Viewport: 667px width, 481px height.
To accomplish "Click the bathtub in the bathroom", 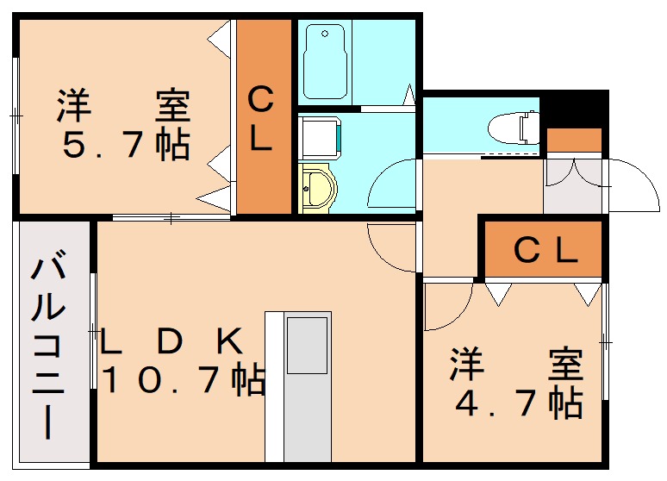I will tap(324, 61).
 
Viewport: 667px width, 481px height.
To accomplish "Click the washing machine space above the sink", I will tap(320, 137).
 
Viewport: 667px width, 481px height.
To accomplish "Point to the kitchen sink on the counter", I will tap(307, 345).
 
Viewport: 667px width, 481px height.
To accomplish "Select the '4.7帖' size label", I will tap(516, 403).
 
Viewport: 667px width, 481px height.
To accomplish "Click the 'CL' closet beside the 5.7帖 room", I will tap(263, 119).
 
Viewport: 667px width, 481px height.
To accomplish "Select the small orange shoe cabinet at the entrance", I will tap(574, 140).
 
